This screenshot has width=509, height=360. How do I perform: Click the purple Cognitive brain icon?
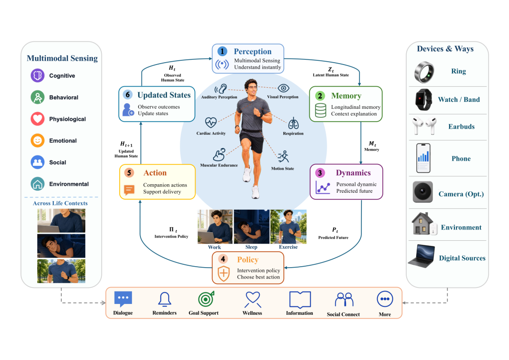[37, 76]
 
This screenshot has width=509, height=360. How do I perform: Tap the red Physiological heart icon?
[37, 119]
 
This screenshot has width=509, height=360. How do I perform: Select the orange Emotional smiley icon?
[37, 140]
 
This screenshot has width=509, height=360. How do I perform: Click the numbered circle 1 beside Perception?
[222, 51]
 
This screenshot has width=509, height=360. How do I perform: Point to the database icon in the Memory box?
[320, 110]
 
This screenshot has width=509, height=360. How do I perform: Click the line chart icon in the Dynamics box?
[323, 188]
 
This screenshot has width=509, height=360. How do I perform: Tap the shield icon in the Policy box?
[224, 273]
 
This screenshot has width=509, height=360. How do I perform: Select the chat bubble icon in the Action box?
[129, 189]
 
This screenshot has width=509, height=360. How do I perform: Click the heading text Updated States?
[164, 95]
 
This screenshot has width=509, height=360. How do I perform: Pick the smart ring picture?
[424, 72]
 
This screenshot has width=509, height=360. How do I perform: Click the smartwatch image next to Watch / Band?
[424, 99]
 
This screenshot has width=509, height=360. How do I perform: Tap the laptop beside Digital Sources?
[421, 256]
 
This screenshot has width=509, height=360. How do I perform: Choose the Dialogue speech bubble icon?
[123, 299]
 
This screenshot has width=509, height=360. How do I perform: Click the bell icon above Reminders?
[164, 299]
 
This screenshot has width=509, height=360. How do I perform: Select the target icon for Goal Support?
[206, 299]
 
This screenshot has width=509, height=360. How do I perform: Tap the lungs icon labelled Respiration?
[293, 123]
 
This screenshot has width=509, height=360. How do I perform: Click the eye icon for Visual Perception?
[283, 88]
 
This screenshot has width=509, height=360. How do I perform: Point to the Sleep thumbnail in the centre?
[252, 227]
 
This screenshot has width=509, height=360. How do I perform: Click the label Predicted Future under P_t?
[333, 237]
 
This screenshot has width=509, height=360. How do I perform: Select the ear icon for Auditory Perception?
[221, 89]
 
